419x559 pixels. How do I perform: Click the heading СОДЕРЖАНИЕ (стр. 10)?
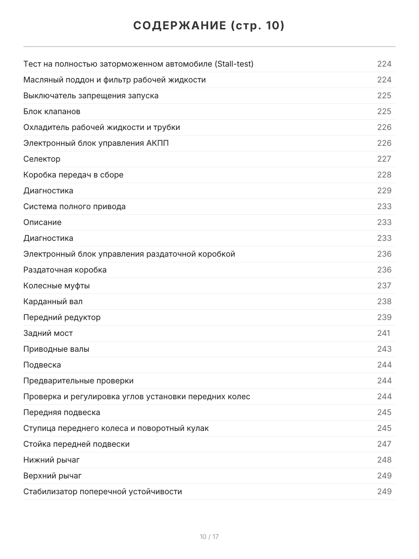[209, 26]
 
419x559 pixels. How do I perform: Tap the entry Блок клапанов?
[52, 111]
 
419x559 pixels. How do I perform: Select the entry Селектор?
[42, 159]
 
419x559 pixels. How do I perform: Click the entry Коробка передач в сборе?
[73, 175]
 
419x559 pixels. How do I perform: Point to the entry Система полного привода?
[74, 206]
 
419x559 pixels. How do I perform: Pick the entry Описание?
[42, 222]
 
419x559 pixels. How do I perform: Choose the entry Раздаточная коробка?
[65, 270]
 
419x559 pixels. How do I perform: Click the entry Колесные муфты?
[56, 286]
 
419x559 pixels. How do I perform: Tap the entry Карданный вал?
[53, 301]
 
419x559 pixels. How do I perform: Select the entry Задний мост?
[48, 333]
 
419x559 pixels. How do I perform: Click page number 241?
[384, 333]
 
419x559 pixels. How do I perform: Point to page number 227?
[384, 159]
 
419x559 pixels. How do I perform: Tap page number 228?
[384, 175]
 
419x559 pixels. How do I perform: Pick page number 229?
[384, 191]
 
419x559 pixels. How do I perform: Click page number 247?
[384, 444]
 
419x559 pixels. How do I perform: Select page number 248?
[384, 460]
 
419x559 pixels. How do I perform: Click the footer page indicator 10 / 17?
[209, 537]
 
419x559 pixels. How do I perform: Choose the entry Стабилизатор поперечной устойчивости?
[102, 491]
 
